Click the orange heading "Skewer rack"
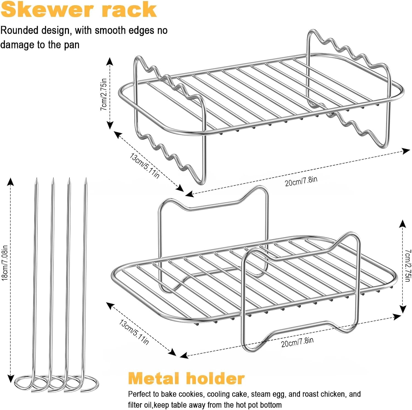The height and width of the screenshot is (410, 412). coord(79,9)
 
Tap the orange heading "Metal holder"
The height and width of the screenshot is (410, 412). coord(186,378)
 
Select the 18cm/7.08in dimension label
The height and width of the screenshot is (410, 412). coord(5,263)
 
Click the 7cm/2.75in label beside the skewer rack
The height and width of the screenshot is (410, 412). coord(104,94)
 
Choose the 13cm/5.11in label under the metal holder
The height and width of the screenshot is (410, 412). coord(134,332)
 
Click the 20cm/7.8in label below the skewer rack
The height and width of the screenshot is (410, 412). coord(301,181)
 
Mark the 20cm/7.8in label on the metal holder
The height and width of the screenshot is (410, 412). coord(297,342)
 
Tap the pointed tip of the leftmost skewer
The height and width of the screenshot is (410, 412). coord(37,179)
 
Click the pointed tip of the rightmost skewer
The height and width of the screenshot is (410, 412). coord(86,179)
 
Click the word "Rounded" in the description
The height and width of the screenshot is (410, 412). coord(19,30)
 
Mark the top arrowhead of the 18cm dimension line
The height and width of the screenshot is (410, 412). coord(10,181)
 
